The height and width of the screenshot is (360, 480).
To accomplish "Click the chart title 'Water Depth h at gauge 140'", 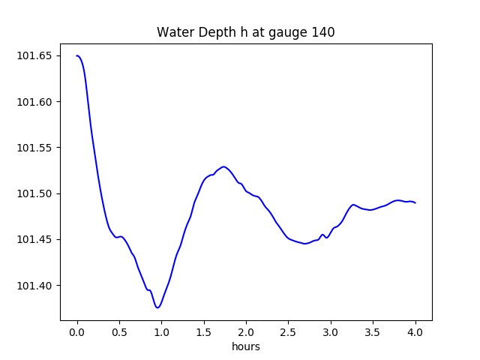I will coord(245,32).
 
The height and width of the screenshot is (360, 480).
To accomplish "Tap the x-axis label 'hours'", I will coord(245,347).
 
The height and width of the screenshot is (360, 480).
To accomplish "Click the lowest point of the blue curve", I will coord(157,307).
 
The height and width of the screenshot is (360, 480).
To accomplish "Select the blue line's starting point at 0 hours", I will coord(77,55).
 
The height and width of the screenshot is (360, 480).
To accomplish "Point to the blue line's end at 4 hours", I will coord(415,202).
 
